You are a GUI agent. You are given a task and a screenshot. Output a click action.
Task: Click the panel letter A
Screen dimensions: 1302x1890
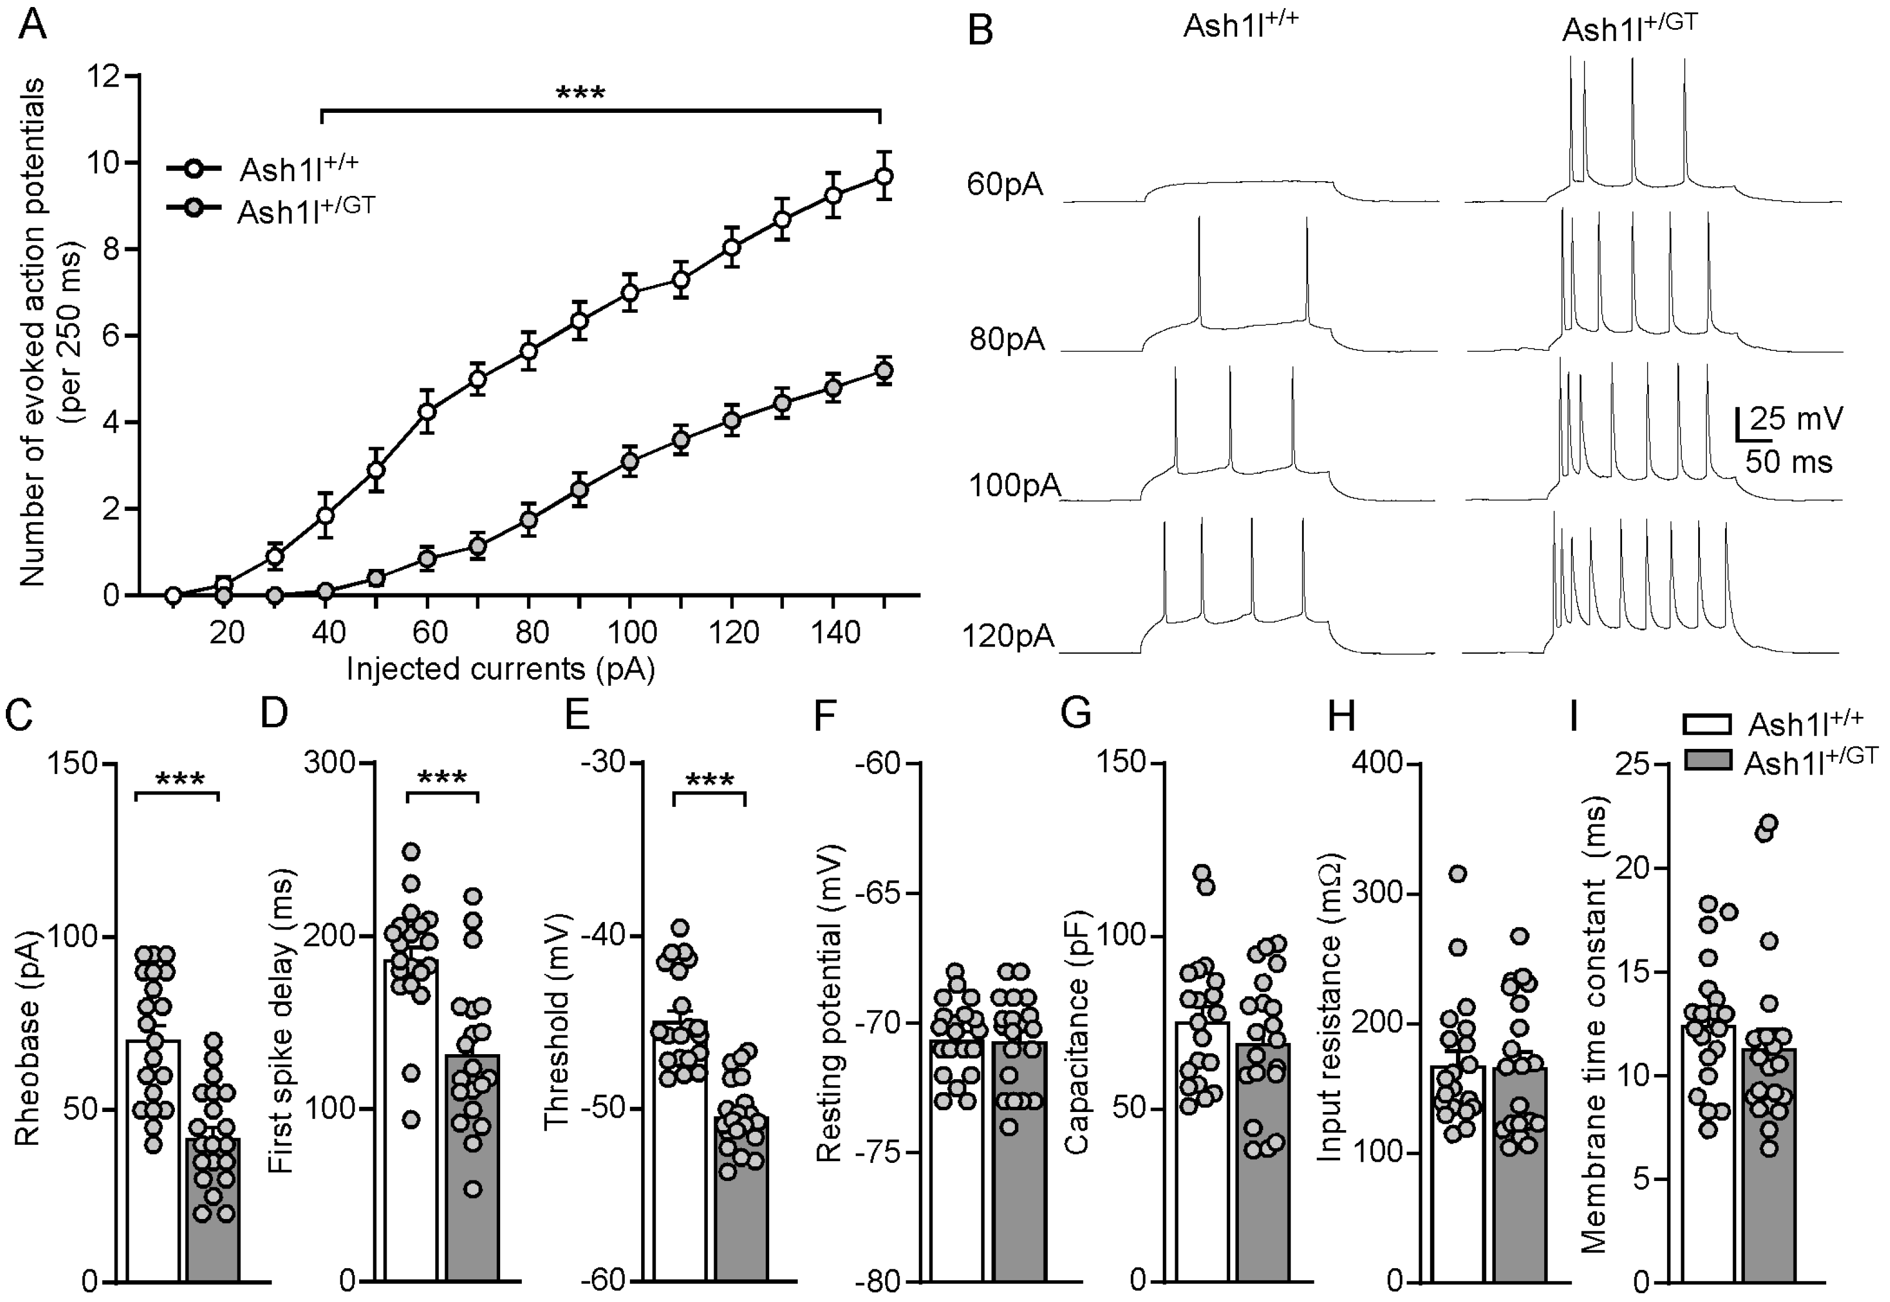point(33,25)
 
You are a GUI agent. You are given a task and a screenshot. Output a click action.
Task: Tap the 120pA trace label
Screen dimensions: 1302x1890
point(1008,636)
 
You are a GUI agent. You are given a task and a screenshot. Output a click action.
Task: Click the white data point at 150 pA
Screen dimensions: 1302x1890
point(884,176)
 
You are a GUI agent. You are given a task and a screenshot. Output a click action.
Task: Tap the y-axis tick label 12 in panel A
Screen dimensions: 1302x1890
point(104,77)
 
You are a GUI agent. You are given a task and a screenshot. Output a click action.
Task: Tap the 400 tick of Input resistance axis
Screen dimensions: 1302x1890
point(1378,764)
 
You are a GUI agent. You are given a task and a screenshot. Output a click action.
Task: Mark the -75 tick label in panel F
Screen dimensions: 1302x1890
point(878,1153)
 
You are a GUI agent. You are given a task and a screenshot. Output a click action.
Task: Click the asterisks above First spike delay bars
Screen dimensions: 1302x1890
point(442,778)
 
